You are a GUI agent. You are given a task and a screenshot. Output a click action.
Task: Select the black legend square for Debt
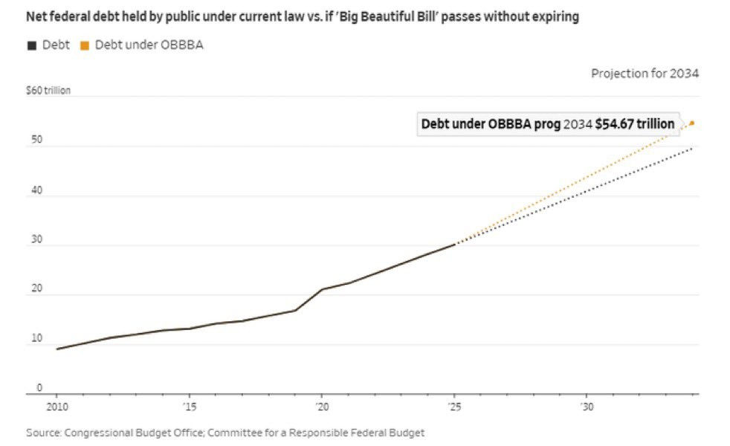click(31, 45)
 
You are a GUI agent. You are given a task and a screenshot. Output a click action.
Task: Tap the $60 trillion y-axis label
click(48, 91)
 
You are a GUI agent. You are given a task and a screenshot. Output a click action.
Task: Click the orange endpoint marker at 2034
click(692, 123)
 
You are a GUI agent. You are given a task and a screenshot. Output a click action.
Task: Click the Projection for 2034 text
click(645, 74)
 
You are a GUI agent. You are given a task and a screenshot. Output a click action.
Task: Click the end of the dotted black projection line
click(693, 149)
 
